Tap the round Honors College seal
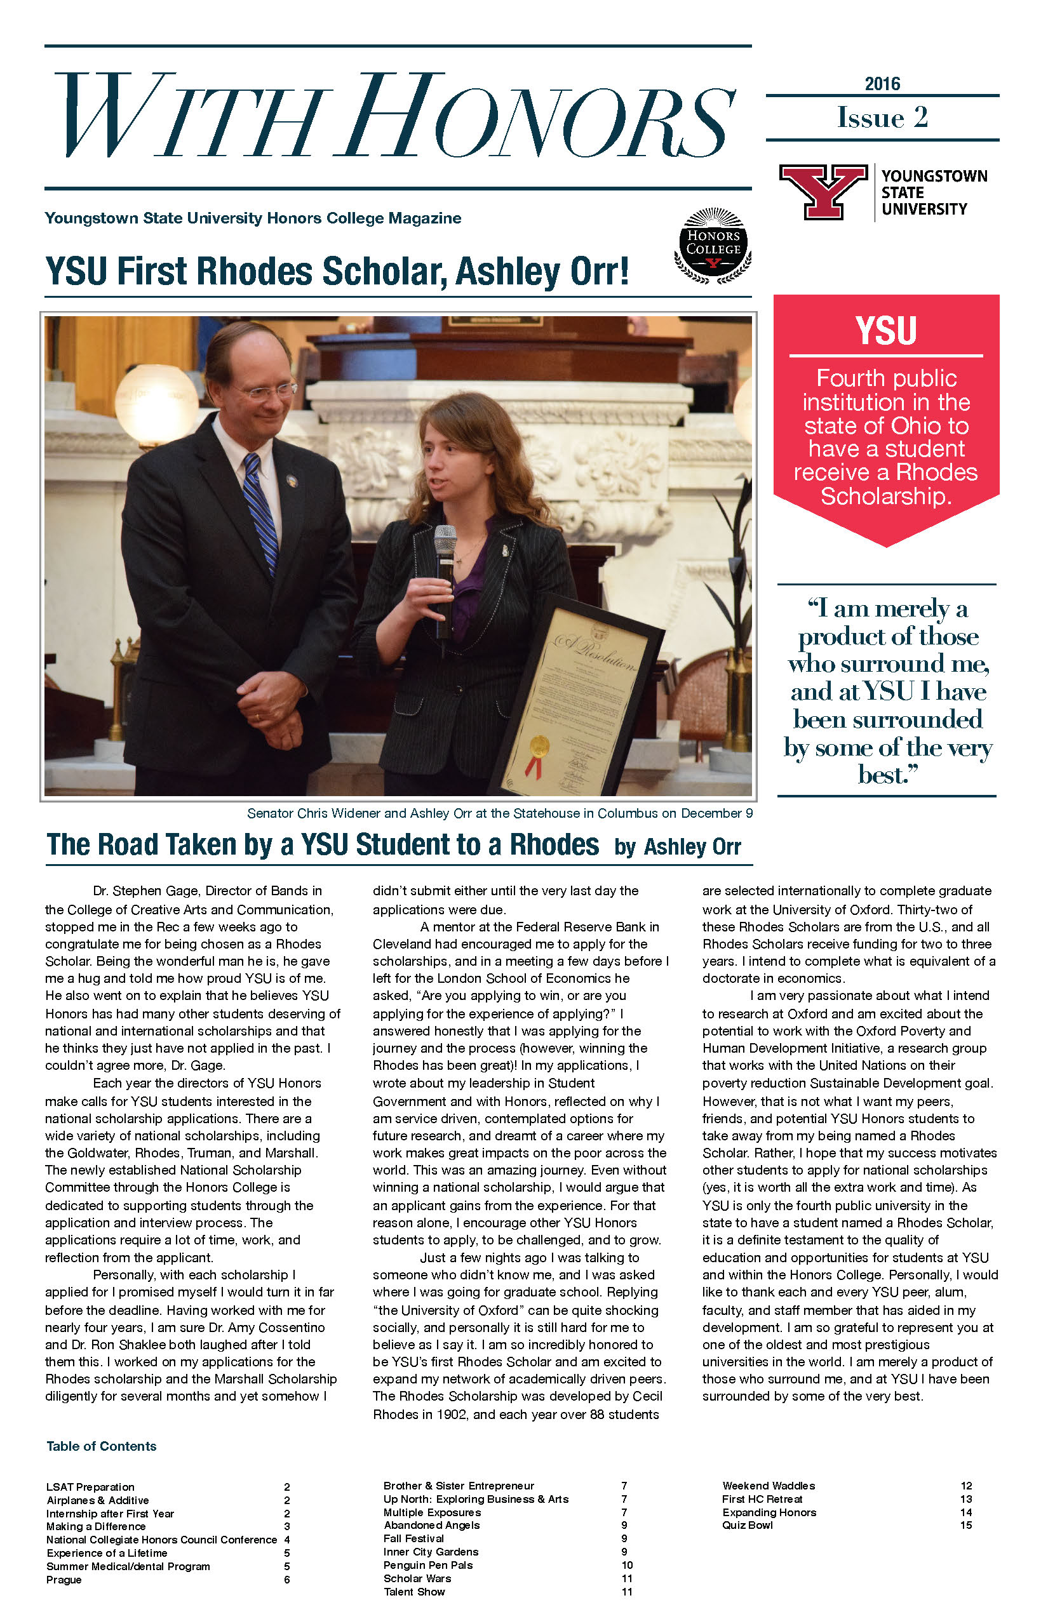[713, 246]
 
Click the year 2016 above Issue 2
[882, 84]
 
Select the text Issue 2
[882, 117]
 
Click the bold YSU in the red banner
[886, 331]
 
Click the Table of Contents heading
[102, 1446]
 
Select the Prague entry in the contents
[64, 1580]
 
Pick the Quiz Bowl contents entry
[747, 1525]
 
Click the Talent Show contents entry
[413, 1592]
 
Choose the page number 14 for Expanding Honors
[965, 1512]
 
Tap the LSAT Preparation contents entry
[90, 1487]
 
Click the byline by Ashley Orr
[677, 846]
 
